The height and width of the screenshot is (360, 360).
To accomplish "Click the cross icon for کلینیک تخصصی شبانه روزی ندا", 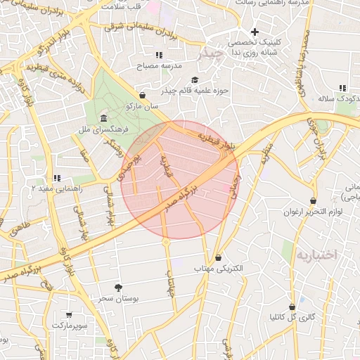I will click(x=255, y=32).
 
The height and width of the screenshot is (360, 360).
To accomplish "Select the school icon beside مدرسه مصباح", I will click(x=159, y=54).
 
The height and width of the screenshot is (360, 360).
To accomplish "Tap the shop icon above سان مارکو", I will click(x=143, y=95).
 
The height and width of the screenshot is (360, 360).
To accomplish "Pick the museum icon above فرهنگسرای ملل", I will click(x=104, y=117).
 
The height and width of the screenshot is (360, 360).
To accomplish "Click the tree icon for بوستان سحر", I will click(x=118, y=287).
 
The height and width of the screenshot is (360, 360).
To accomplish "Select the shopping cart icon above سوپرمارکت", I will click(x=69, y=315).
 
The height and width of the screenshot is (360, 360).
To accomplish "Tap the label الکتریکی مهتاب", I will click(x=219, y=269).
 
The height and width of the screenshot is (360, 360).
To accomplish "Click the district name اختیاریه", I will click(x=317, y=253).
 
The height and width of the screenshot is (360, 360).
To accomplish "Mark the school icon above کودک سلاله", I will click(x=342, y=88).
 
